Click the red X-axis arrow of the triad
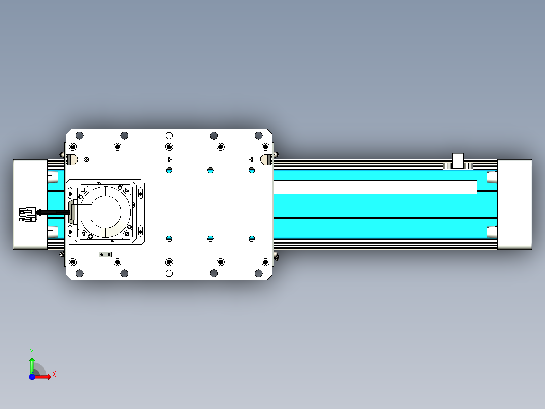coord(44,377)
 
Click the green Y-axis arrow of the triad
coord(32,363)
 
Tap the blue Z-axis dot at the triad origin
coord(32,377)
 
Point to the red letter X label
coord(54,374)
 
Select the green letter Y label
coord(31,351)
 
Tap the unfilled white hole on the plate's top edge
coord(169,135)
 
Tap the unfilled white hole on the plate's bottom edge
coord(169,274)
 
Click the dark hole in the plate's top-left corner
coord(79,135)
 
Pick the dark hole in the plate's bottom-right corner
coord(258,274)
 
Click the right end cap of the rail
coord(515,204)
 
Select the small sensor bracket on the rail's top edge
coord(458,160)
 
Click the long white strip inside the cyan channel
coord(374,187)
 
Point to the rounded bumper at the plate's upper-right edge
coord(264,160)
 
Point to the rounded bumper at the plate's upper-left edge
coord(73,160)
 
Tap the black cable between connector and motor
coord(53,213)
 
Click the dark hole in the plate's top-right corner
coord(258,135)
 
